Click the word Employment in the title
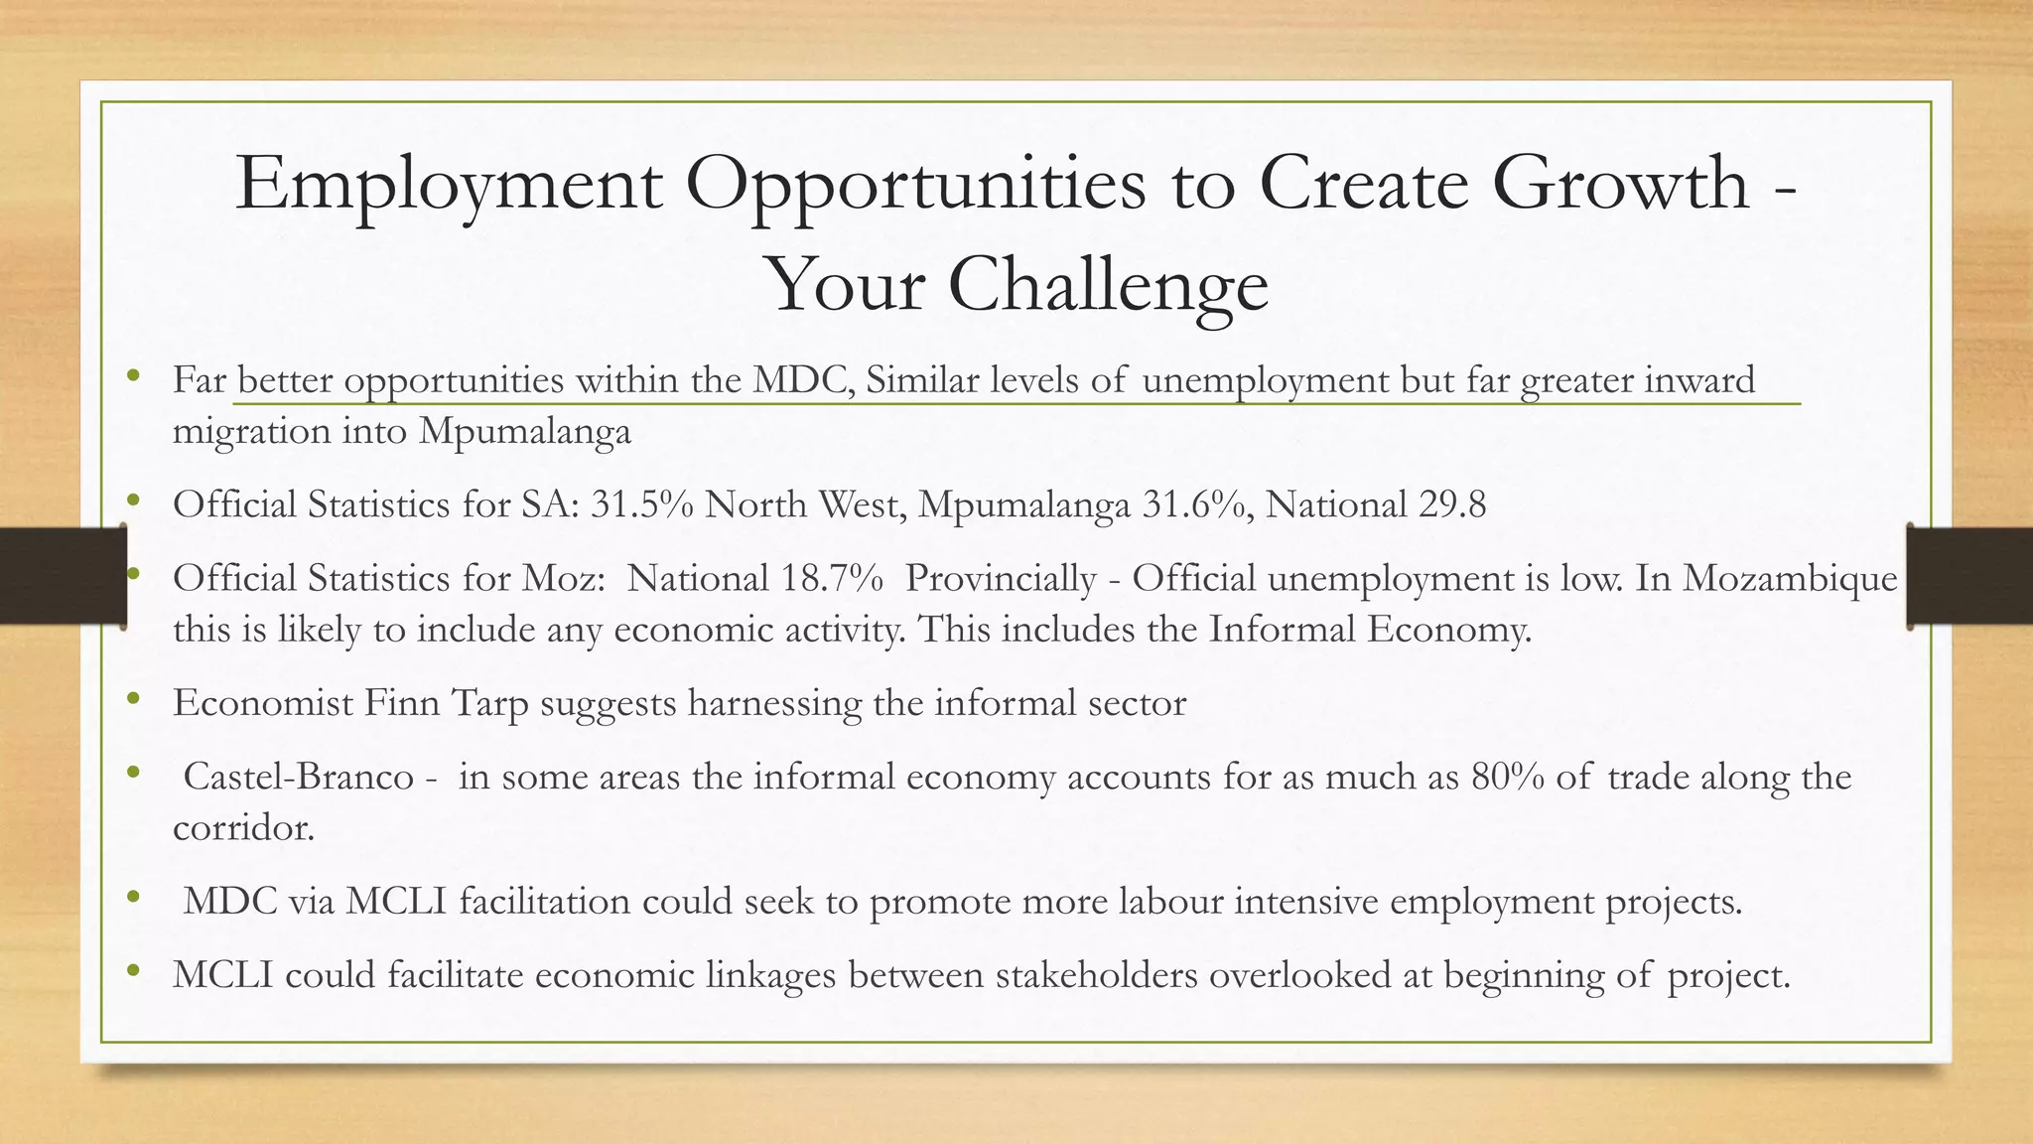pos(449,186)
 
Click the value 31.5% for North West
pos(641,505)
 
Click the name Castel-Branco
pos(298,777)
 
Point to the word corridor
pos(243,827)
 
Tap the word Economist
pos(263,703)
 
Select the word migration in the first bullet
pos(251,432)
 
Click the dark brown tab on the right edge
pos(1969,577)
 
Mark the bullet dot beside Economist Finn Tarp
pos(133,700)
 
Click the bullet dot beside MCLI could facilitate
pos(133,972)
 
